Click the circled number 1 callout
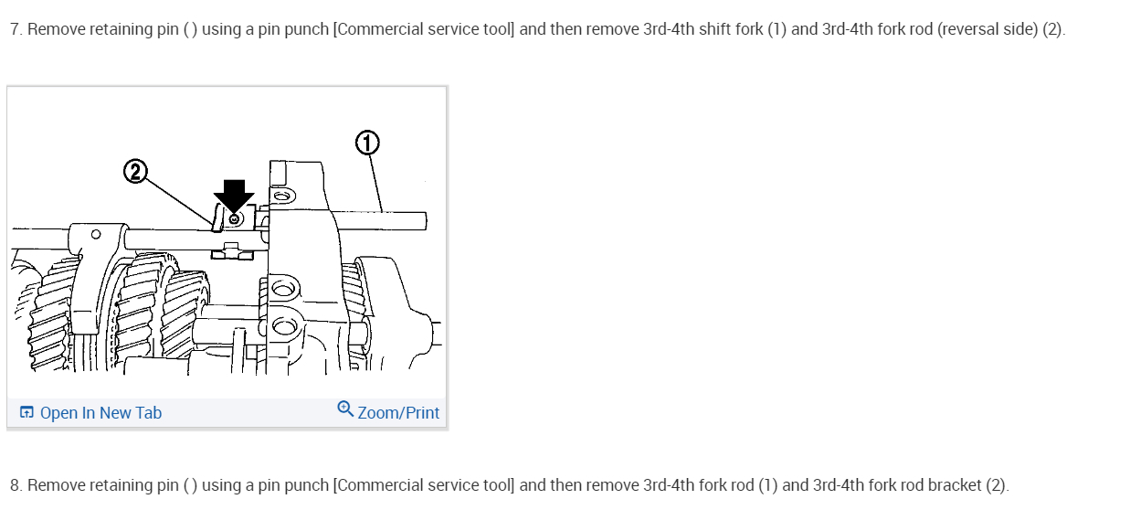click(x=366, y=143)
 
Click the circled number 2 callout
click(x=134, y=172)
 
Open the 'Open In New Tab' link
click(x=100, y=413)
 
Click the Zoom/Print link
click(x=398, y=413)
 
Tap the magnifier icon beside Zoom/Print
click(x=345, y=409)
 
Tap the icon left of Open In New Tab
click(x=26, y=413)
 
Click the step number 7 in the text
click(x=15, y=29)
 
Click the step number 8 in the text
click(x=15, y=485)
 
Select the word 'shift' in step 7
click(x=717, y=29)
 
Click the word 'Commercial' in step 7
click(x=373, y=29)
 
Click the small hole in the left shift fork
click(x=96, y=234)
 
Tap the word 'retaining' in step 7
click(x=119, y=29)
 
